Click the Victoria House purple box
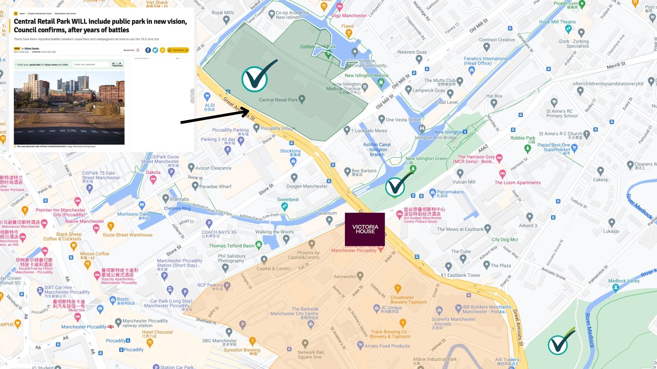(x=365, y=229)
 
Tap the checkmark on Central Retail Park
(x=255, y=79)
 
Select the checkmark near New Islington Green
(x=395, y=187)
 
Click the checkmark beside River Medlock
(x=558, y=344)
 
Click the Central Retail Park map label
(x=278, y=100)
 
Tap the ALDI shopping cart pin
(x=207, y=96)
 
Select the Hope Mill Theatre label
(x=557, y=22)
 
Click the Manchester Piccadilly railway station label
(x=145, y=323)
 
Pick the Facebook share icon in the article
(x=148, y=50)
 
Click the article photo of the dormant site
(x=69, y=108)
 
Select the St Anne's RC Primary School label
(x=562, y=113)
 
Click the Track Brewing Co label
(x=390, y=334)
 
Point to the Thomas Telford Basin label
(x=232, y=246)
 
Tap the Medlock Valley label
(x=623, y=281)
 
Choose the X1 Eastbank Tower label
(x=460, y=275)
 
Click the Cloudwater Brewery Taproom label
(x=408, y=300)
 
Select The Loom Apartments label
(x=517, y=183)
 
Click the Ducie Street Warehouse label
(x=128, y=235)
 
